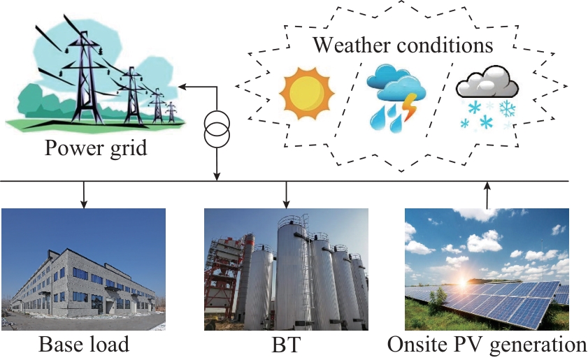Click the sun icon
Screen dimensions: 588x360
[x=307, y=93]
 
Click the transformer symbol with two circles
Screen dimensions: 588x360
[x=217, y=129]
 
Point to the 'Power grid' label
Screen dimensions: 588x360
[x=96, y=147]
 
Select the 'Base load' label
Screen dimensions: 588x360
[x=84, y=344]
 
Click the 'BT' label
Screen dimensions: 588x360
[x=286, y=344]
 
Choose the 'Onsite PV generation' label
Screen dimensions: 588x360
[x=487, y=344]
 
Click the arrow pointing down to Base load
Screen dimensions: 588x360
[x=84, y=194]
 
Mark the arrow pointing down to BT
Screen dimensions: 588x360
[x=286, y=194]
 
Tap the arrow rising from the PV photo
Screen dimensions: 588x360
[x=487, y=195]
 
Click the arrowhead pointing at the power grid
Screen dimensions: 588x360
[x=182, y=87]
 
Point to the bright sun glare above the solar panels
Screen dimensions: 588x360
[x=462, y=283]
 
